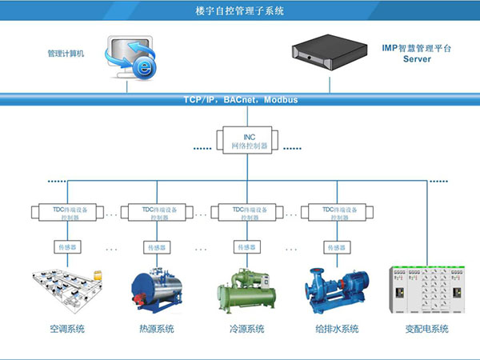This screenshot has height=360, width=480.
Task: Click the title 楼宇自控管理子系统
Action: coord(239,11)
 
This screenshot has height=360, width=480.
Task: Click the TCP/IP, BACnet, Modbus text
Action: coord(239,100)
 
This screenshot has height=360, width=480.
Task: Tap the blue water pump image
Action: coord(336,290)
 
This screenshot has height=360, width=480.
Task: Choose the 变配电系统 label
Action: coord(426,330)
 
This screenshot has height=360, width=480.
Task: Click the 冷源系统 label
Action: coord(246,330)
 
